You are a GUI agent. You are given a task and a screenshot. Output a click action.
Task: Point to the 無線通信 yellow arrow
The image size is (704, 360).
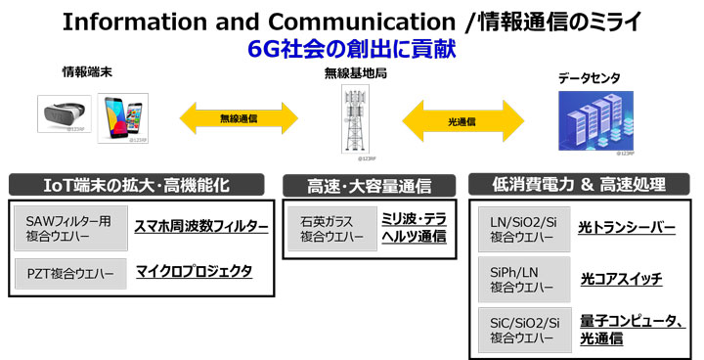(x=239, y=115)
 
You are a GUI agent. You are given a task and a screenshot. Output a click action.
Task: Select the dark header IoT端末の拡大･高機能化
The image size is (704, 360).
(x=138, y=183)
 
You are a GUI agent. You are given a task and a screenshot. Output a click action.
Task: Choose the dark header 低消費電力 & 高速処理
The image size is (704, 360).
(x=581, y=183)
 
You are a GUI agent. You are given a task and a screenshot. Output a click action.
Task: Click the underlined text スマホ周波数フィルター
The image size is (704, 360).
(x=201, y=226)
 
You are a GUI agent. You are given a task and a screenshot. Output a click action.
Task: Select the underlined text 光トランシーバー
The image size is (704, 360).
(x=627, y=228)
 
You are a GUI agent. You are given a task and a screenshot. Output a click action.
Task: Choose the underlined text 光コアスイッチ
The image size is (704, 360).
(x=621, y=279)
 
